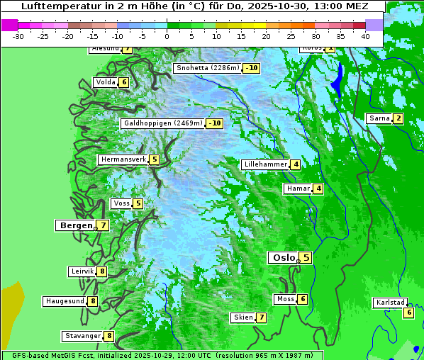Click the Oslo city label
[x=284, y=258]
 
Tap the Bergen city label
[x=76, y=225]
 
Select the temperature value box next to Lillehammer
[x=295, y=164]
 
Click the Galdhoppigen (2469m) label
[x=163, y=123]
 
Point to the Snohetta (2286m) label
[x=207, y=68]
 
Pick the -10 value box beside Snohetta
[x=251, y=68]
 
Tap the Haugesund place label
[x=65, y=301]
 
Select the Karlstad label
[x=390, y=303]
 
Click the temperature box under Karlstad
[x=408, y=313]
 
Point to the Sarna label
[x=379, y=118]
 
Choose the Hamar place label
[x=298, y=189]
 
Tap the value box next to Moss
[x=302, y=299]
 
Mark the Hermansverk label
[x=123, y=159]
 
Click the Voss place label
[x=121, y=203]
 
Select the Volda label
[x=105, y=82]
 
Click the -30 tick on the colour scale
[x=18, y=36]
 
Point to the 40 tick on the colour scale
[x=365, y=36]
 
